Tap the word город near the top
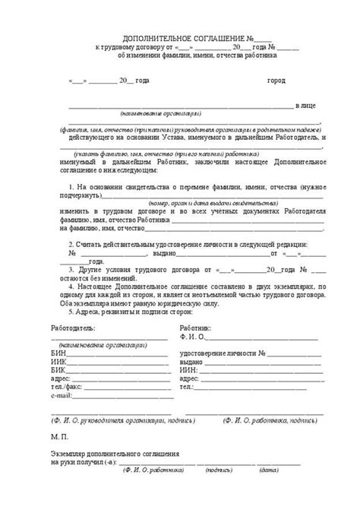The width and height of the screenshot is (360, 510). [276, 81]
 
